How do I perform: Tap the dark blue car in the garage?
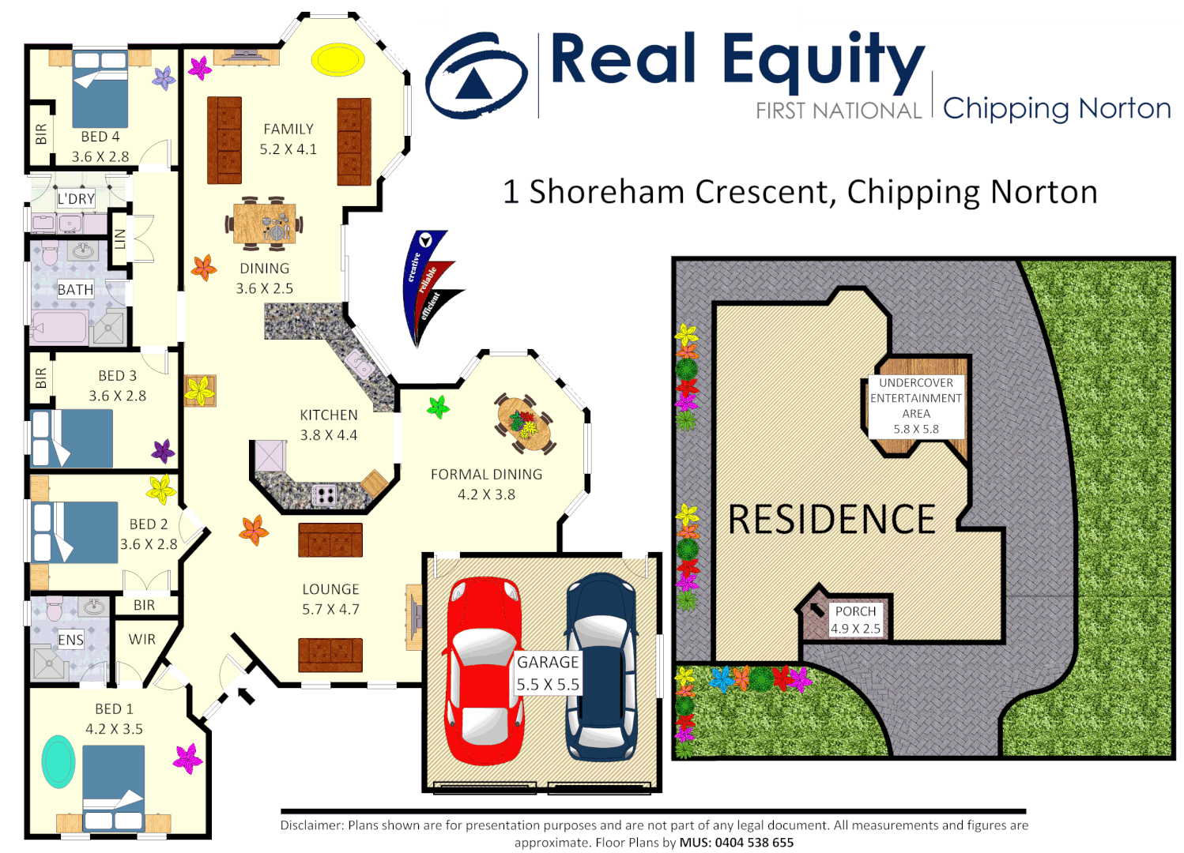pos(601,667)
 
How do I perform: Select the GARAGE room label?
pos(548,662)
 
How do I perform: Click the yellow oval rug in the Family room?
pos(337,60)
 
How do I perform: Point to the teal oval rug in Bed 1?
pos(58,761)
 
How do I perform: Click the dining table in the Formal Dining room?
pos(525,423)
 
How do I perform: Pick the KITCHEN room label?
pos(329,415)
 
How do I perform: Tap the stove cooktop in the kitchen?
pos(324,495)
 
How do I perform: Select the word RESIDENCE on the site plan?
pos(831,520)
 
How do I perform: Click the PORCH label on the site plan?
pos(855,611)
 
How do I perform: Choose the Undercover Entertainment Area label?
pos(916,405)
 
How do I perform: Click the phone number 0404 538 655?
pos(754,843)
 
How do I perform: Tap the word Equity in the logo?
pos(823,62)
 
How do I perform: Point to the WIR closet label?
pos(142,639)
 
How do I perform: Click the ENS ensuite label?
pos(70,640)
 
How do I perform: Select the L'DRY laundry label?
pos(76,199)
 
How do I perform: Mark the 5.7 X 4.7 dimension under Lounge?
pos(330,610)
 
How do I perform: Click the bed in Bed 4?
pos(100,88)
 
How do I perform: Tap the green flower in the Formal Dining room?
pos(438,407)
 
